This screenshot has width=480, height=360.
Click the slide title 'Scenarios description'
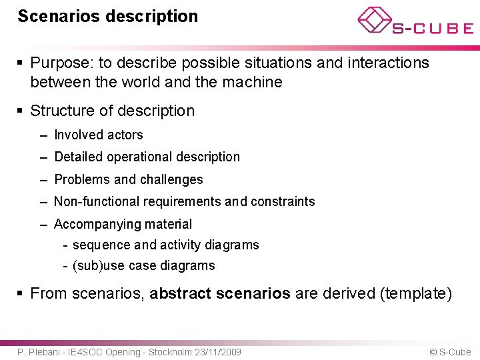[x=108, y=16]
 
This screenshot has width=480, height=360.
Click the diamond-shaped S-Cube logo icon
[x=374, y=20]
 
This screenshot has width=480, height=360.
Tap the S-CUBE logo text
[x=433, y=29]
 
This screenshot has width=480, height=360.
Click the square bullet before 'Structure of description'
[x=21, y=111]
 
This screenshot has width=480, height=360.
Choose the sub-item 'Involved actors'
[x=98, y=135]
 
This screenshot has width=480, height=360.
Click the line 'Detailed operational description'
[x=147, y=157]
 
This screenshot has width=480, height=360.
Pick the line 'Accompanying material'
[x=123, y=225]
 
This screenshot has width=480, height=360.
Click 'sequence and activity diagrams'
[x=165, y=245]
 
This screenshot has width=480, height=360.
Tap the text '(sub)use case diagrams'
[x=143, y=266]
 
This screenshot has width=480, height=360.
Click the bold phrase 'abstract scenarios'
[x=220, y=293]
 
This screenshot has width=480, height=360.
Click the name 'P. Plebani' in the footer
[x=39, y=352]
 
